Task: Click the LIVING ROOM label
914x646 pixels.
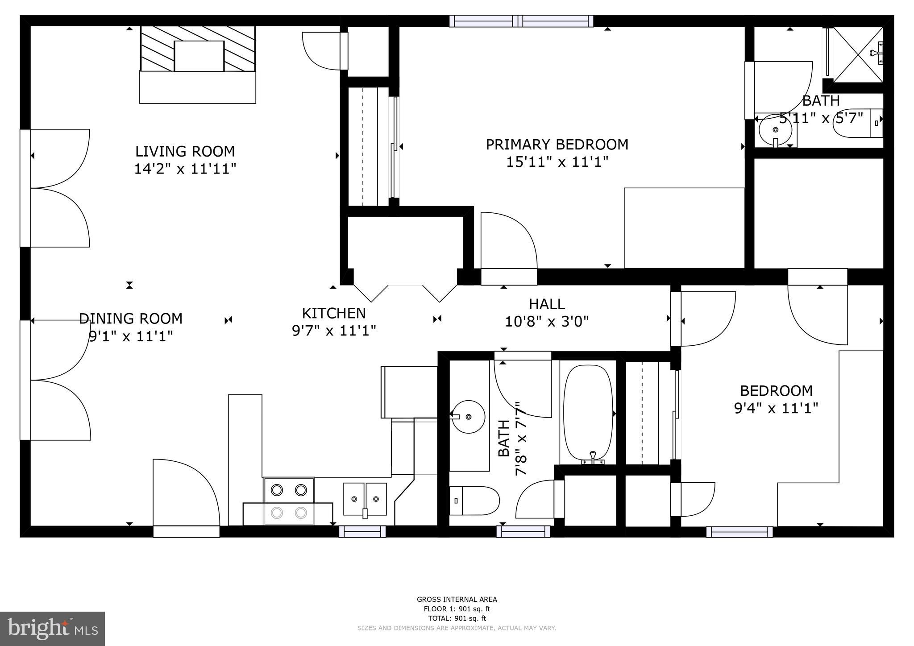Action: point(185,152)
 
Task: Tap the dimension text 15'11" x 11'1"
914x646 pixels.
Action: point(557,162)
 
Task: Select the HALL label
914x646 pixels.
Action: point(547,304)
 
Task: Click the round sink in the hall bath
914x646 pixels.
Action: point(468,417)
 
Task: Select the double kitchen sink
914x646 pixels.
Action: point(365,499)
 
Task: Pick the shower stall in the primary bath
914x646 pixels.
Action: point(858,55)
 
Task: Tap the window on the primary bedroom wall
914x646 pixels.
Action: point(521,21)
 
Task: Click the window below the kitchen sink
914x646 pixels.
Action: point(362,531)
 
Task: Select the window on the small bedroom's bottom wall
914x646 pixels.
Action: point(740,532)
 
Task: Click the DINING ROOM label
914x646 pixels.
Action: point(131,319)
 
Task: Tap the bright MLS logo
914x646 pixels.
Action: point(52,629)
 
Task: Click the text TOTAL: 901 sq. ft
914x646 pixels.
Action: point(457,618)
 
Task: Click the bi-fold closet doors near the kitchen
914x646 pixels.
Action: point(405,292)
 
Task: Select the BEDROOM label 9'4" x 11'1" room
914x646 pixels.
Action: point(776,391)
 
